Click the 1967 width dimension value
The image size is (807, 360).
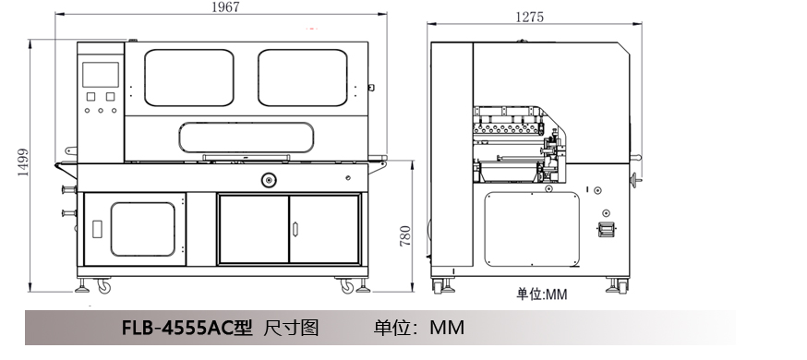pos(226,6)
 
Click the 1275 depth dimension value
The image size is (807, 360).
pos(530,17)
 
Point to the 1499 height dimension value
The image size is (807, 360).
pos(23,162)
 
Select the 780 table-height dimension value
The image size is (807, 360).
pos(406,236)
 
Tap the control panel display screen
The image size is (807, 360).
pos(101,75)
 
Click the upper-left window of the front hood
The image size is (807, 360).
pos(189,78)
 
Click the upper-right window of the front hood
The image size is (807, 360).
pos(303,78)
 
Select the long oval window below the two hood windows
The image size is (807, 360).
pos(247,138)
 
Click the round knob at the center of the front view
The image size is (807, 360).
pos(269,180)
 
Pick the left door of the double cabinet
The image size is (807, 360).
pos(254,229)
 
